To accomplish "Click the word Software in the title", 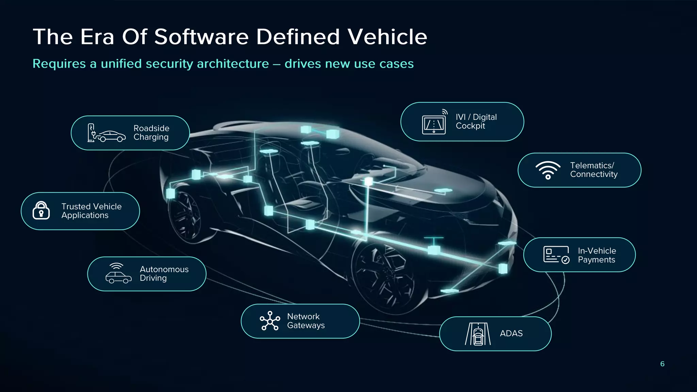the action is click(x=201, y=37).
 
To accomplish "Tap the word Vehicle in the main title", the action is click(x=387, y=37).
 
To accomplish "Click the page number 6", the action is click(x=662, y=364).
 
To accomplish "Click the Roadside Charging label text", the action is click(x=151, y=133).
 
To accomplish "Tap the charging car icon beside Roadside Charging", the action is click(x=107, y=133).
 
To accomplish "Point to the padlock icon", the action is click(x=41, y=210).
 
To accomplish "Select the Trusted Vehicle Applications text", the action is click(x=91, y=211).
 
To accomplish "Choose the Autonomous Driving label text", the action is click(x=164, y=274).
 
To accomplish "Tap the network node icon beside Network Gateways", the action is click(x=270, y=321).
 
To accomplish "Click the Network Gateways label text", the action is click(x=306, y=321).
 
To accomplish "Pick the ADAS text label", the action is click(x=511, y=333).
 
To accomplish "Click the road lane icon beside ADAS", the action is click(x=478, y=334).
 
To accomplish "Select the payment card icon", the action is click(x=556, y=255).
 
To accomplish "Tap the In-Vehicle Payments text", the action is click(x=597, y=255).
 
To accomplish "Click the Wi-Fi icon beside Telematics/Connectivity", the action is click(x=548, y=170).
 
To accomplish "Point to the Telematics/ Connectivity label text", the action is click(x=594, y=170).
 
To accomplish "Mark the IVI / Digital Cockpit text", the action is click(x=476, y=121).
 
